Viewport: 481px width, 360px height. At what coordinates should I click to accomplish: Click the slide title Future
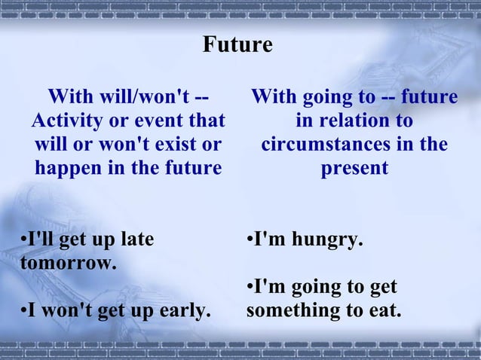pos(237,45)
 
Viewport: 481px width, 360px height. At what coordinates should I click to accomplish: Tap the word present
pos(354,167)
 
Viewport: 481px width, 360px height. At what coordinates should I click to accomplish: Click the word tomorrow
pos(67,264)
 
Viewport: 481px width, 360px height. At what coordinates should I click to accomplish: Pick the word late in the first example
pos(136,240)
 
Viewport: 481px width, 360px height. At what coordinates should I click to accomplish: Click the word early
pos(186,310)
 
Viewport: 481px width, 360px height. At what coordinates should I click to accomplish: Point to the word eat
pos(382,310)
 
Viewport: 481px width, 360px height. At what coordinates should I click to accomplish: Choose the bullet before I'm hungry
pos(250,241)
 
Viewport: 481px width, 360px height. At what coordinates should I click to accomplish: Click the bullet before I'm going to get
pos(250,288)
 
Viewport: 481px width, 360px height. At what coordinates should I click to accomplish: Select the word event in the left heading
pos(173,121)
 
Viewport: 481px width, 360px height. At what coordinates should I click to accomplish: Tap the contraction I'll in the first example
pos(38,240)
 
